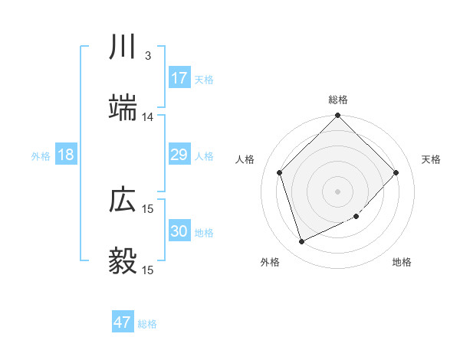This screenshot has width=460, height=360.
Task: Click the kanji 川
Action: pos(123,47)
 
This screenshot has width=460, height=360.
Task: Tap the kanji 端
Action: pos(123,108)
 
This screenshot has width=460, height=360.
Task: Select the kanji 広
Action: pos(123,200)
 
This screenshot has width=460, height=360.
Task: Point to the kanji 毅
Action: pos(123,261)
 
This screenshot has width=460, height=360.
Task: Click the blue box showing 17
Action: pos(179,78)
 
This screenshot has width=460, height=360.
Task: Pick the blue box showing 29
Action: pos(179,155)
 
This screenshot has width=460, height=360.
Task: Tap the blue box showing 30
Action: pos(179,231)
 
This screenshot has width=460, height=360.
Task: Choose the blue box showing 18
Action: pos(66,155)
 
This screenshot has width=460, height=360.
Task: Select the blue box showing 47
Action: pos(123,322)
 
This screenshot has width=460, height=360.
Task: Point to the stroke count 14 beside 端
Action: pos(148,116)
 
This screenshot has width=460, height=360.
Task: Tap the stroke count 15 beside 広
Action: pos(148,208)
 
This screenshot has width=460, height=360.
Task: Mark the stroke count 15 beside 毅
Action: pos(148,270)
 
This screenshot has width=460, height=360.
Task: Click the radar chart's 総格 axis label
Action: pos(338,100)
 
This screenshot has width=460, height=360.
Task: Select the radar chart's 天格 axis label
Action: pos(432,159)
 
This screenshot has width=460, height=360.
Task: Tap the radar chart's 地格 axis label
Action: pos(402,262)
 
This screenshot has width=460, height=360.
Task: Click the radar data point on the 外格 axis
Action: pos(301,242)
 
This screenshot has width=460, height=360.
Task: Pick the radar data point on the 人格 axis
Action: pos(280,172)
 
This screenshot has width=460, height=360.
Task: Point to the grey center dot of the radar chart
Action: pos(338,191)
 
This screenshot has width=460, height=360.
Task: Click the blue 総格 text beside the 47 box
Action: pos(147,324)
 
